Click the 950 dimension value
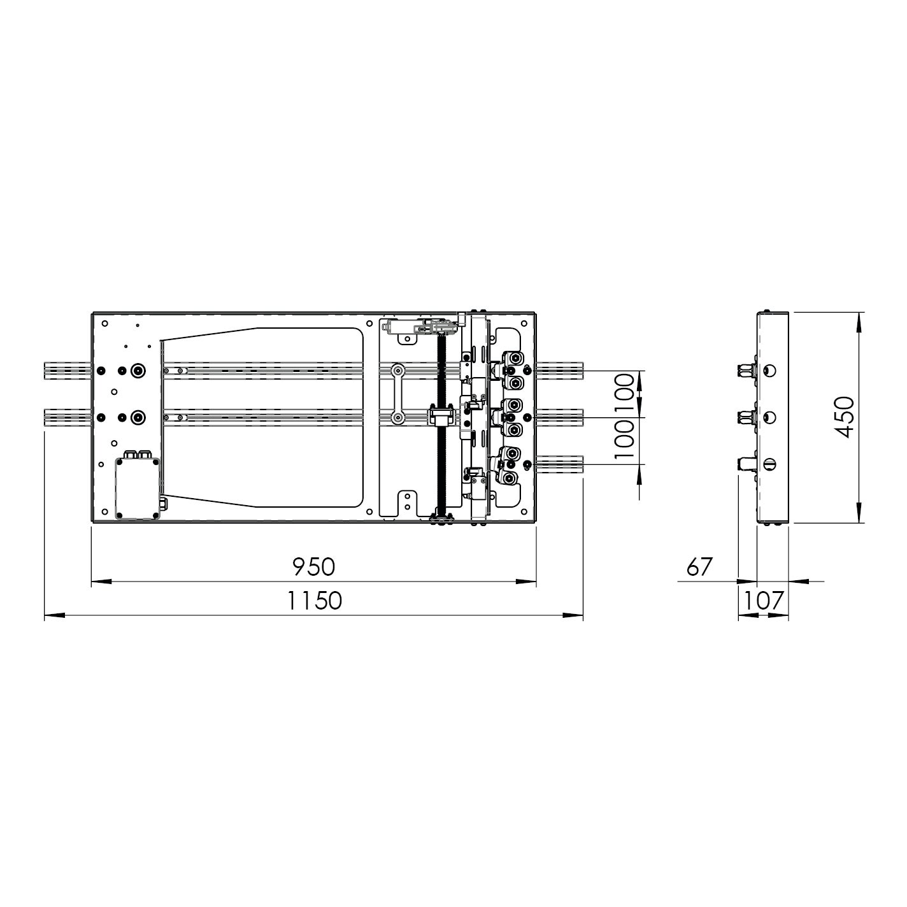[313, 567]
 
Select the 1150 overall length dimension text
[315, 601]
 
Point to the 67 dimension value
[700, 567]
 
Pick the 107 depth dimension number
[764, 601]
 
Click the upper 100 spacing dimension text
[625, 394]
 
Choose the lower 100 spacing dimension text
[625, 440]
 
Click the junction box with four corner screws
[138, 488]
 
